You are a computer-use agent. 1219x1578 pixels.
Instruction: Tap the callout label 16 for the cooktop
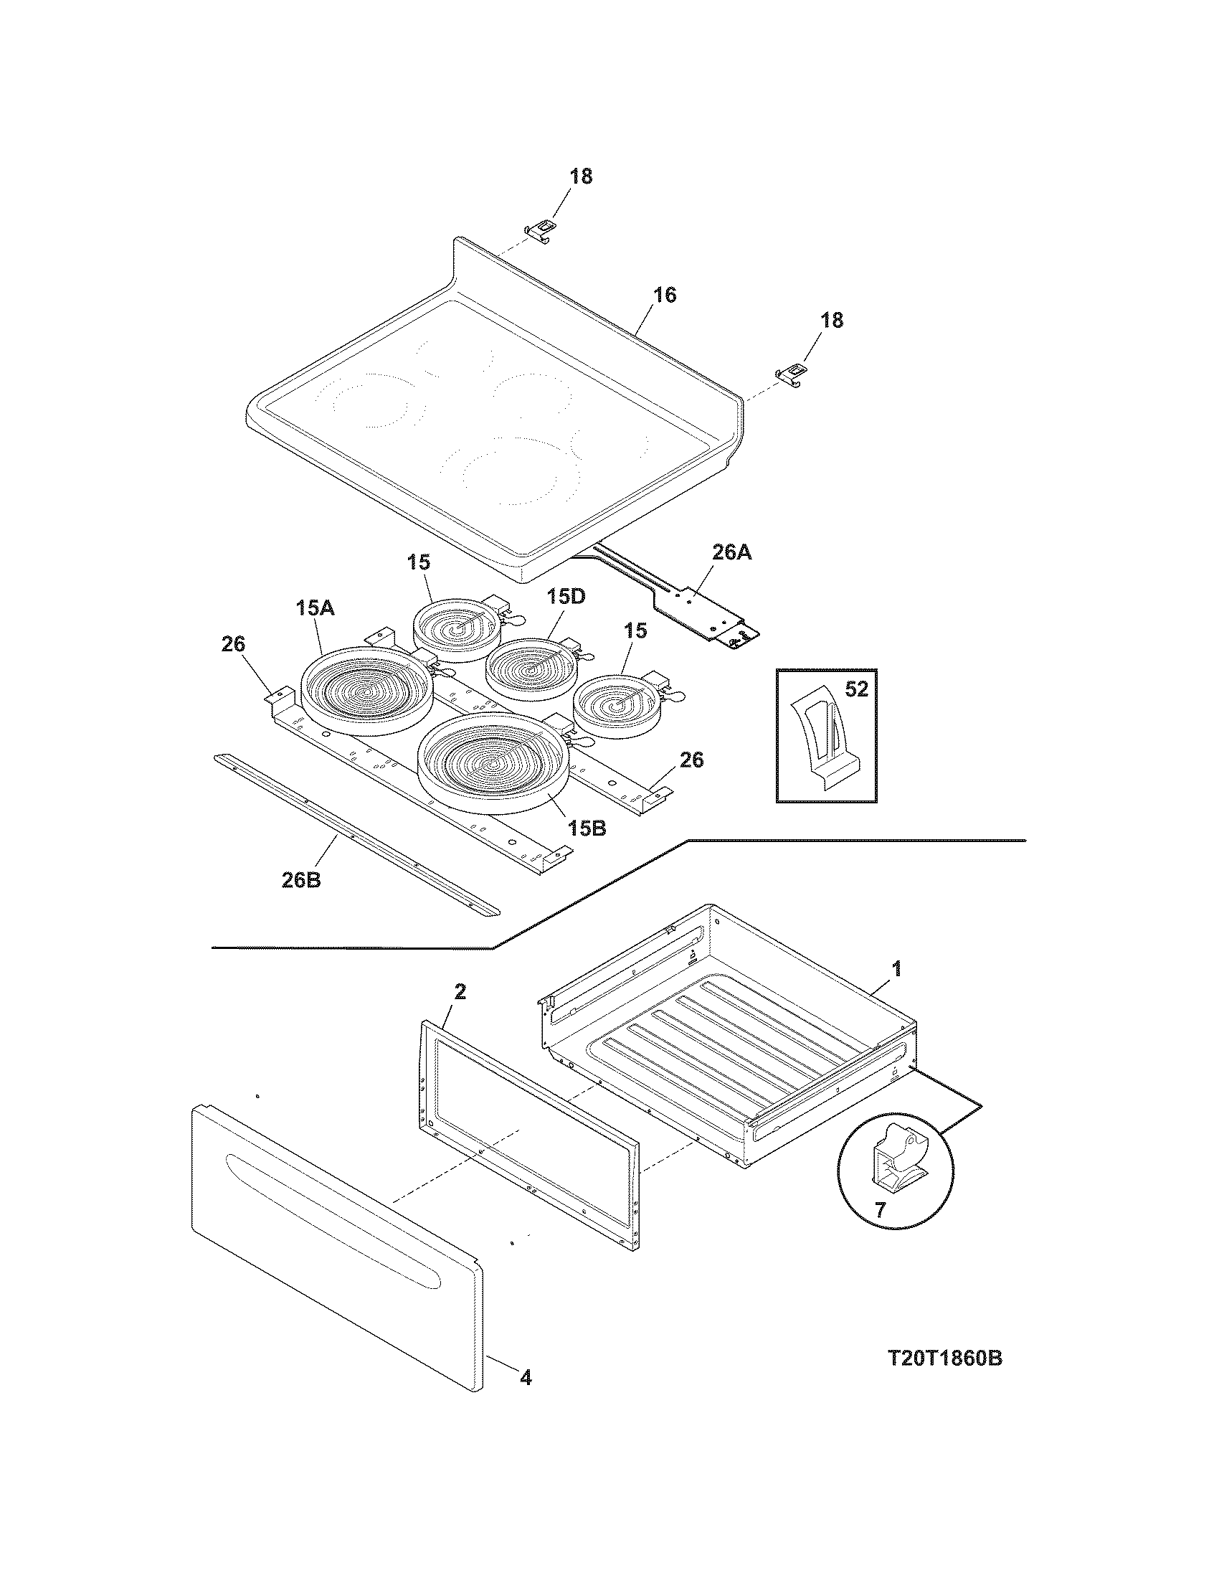tap(665, 295)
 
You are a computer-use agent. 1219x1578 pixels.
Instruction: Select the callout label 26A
tap(731, 553)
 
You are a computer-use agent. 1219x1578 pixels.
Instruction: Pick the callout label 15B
tap(586, 828)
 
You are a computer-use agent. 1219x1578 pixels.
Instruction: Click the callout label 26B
tap(301, 881)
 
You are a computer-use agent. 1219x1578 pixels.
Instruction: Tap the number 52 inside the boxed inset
tap(855, 689)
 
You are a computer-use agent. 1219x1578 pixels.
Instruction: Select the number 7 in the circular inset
tap(879, 1209)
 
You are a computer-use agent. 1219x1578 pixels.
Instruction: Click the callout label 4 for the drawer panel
tap(526, 1378)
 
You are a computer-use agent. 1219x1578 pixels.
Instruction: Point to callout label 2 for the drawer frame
tap(460, 992)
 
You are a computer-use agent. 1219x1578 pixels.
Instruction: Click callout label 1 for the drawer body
tap(897, 969)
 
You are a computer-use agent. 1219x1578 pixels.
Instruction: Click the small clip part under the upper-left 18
tap(541, 229)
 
